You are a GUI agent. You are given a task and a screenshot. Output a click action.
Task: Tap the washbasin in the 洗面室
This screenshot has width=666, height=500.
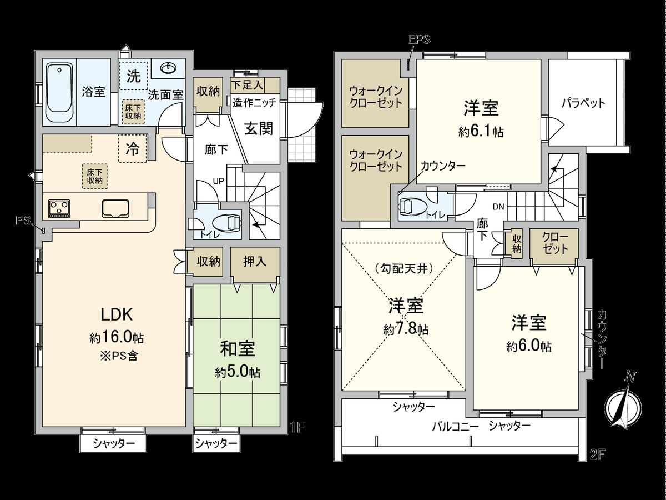tap(168, 68)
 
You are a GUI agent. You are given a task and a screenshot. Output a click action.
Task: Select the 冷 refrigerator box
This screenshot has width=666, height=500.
tap(133, 149)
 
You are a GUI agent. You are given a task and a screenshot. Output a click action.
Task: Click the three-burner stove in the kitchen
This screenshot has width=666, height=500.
tap(59, 208)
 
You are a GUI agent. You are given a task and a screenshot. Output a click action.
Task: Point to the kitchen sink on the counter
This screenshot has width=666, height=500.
tap(116, 208)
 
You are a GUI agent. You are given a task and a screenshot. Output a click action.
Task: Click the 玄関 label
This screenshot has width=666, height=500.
tap(259, 128)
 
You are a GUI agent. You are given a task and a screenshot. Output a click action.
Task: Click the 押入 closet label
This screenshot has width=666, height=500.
tap(255, 261)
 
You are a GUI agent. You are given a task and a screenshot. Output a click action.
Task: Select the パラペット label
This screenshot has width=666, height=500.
tap(582, 103)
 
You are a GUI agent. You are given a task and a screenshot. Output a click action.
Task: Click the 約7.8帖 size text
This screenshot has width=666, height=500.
tap(405, 328)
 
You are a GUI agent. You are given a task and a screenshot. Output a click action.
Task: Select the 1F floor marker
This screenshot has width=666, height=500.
tap(297, 427)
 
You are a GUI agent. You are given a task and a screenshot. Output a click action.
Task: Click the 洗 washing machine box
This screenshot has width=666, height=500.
tap(134, 77)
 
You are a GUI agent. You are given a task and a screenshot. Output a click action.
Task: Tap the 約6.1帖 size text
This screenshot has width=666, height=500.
tap(481, 132)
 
